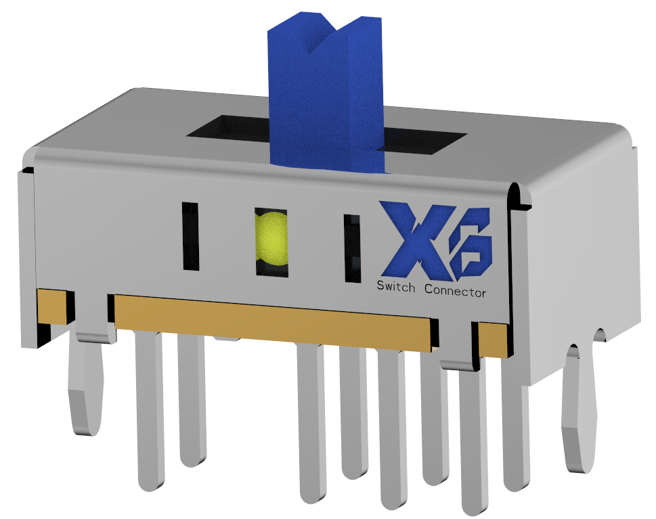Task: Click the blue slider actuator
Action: [325, 101]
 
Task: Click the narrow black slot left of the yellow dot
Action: [190, 236]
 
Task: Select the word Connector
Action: [455, 291]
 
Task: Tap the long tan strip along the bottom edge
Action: [271, 321]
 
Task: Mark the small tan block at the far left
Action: [52, 305]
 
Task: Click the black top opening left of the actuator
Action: [227, 129]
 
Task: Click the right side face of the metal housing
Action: [582, 271]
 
